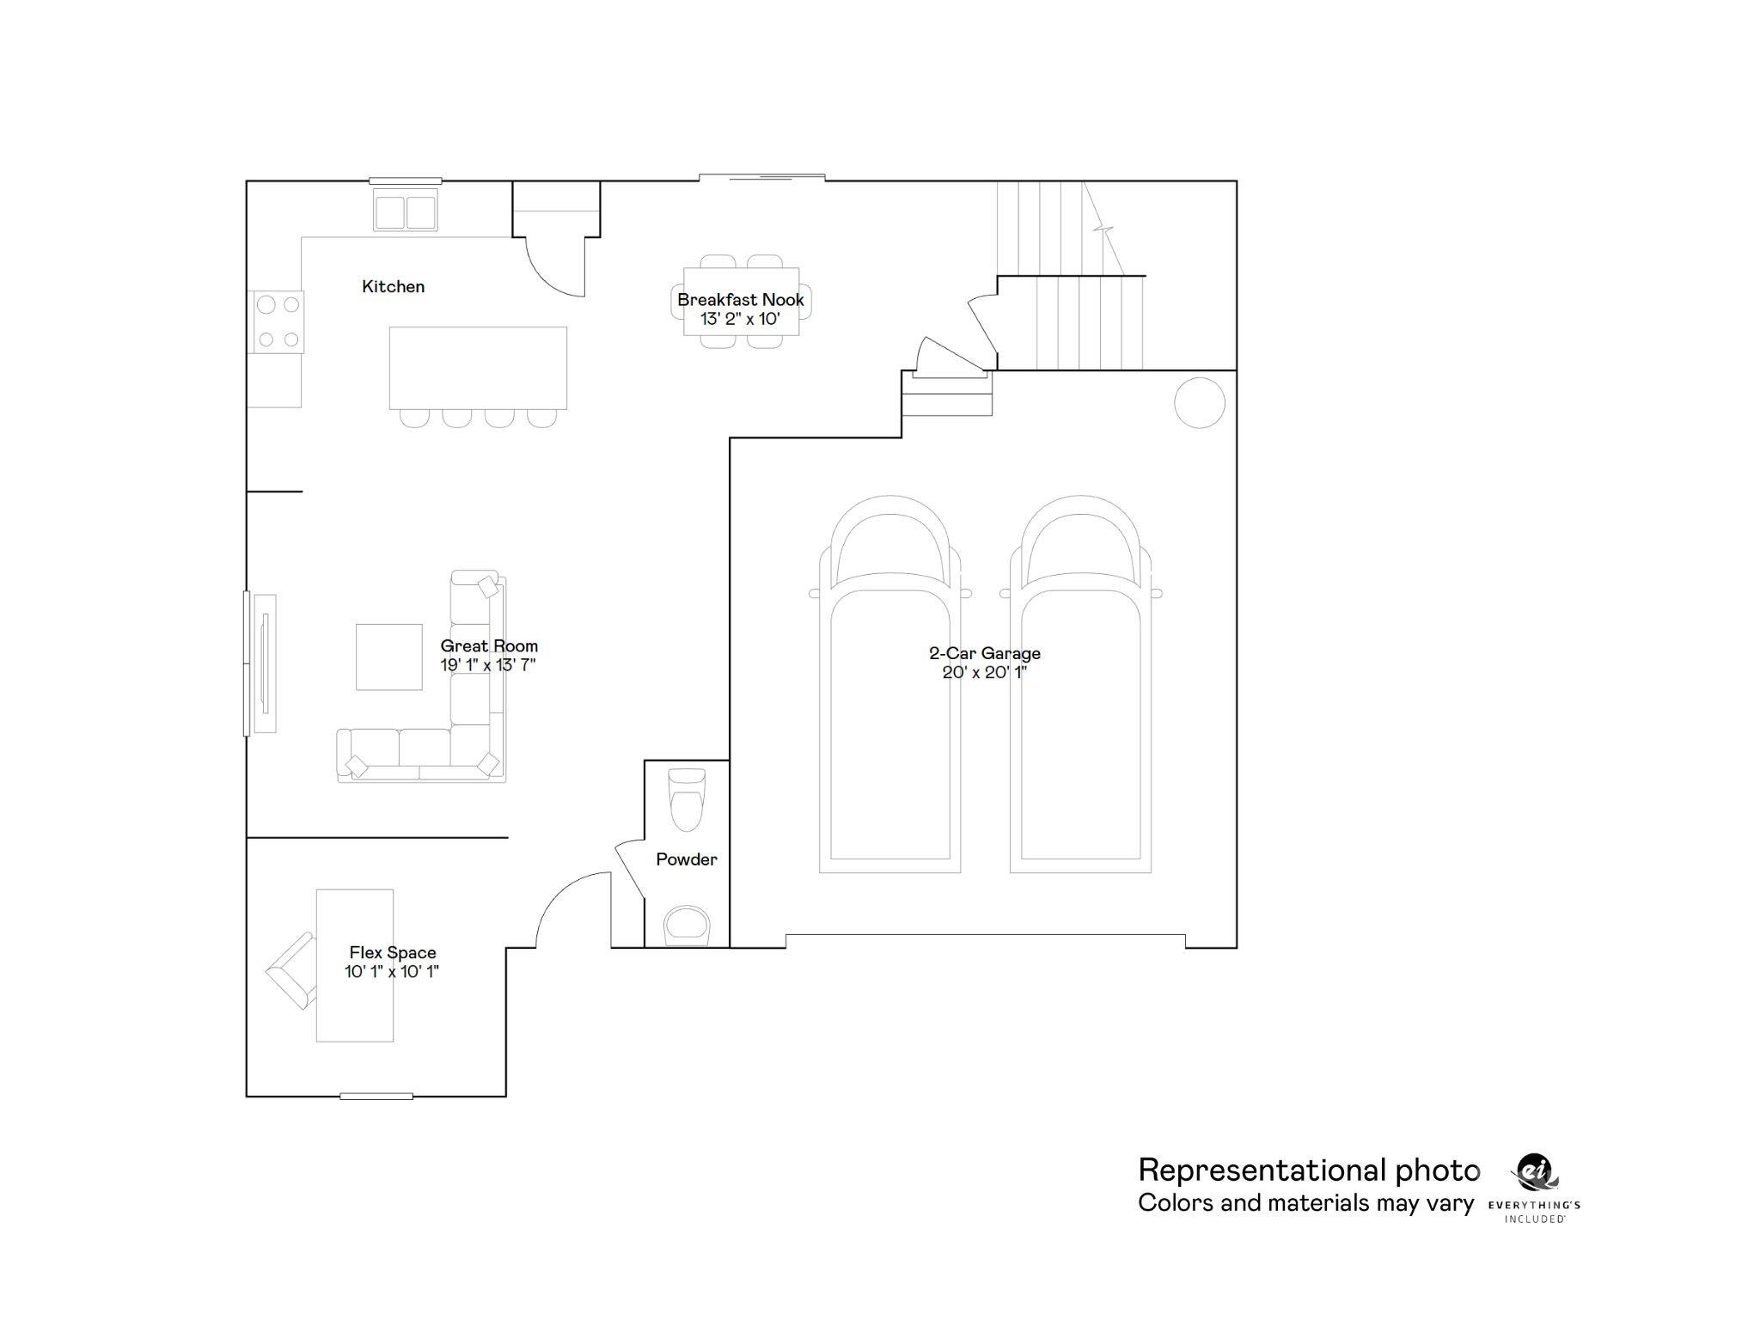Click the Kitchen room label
coord(393,287)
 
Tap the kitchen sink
coord(405,212)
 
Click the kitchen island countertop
coord(478,367)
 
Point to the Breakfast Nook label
coord(740,300)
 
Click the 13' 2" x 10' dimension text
coord(740,320)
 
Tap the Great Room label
coord(489,646)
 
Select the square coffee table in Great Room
coord(388,657)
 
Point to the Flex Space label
coord(392,953)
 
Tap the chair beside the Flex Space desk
coord(292,971)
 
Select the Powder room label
coord(686,859)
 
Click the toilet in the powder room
coord(687,799)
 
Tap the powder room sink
coord(687,925)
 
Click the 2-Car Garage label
coord(984,654)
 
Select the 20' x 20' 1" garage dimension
coord(984,673)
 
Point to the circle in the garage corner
coord(1199,402)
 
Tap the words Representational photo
coord(1308,1170)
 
